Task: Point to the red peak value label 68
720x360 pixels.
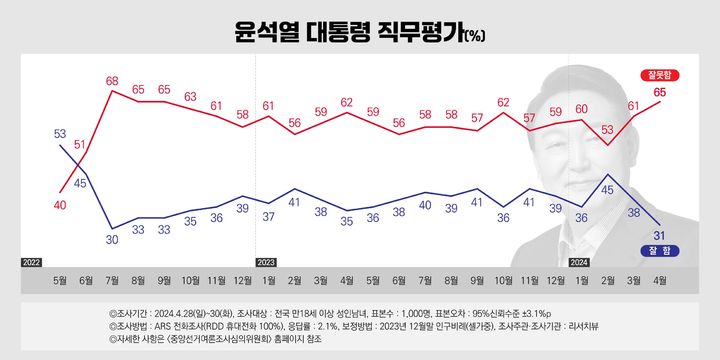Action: (x=113, y=80)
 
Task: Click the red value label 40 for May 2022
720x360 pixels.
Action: (x=60, y=205)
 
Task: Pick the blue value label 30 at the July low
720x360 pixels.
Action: (x=113, y=240)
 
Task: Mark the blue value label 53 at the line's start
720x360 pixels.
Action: (x=60, y=133)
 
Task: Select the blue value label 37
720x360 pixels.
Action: (x=269, y=216)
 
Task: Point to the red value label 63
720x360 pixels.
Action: (x=190, y=97)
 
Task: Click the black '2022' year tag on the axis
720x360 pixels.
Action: (x=31, y=262)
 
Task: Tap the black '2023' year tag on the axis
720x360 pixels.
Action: (x=268, y=262)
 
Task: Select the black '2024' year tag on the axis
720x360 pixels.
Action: (x=581, y=262)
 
